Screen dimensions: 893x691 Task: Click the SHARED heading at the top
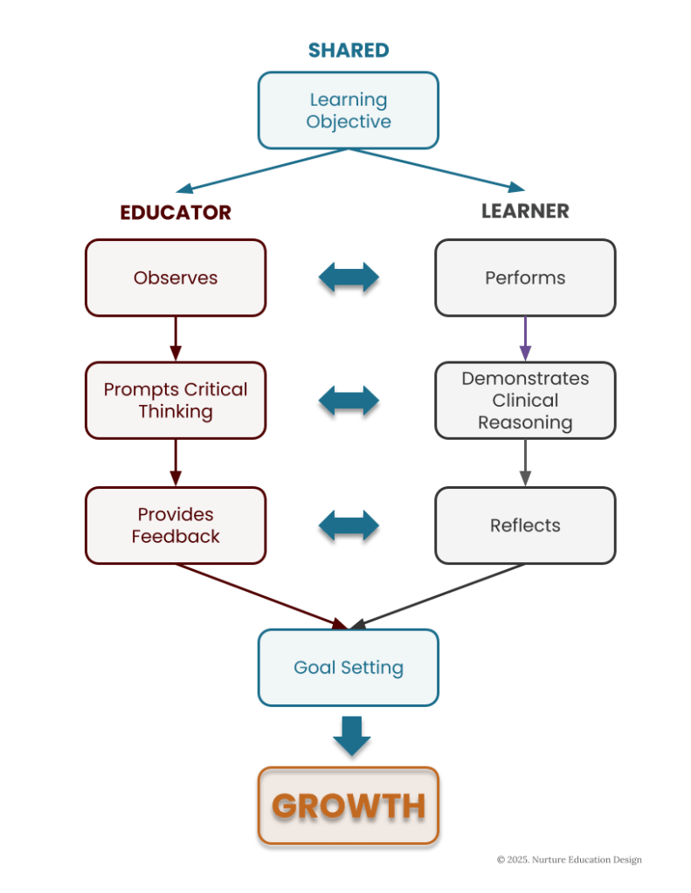(x=348, y=50)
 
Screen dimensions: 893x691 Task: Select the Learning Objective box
(x=348, y=110)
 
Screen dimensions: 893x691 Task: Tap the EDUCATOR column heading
(x=176, y=212)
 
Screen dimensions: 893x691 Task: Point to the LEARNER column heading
(x=525, y=211)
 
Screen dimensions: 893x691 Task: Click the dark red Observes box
(x=176, y=278)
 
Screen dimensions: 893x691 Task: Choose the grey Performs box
(x=525, y=278)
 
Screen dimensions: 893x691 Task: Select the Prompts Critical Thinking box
(x=176, y=400)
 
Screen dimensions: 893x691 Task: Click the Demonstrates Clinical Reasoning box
(x=525, y=400)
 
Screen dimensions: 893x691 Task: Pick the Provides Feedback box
(x=176, y=525)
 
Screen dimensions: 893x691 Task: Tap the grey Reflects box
(x=525, y=525)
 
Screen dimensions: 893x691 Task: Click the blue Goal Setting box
(x=348, y=667)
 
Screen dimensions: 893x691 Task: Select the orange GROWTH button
(x=349, y=806)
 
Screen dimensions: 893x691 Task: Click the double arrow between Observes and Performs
(x=349, y=280)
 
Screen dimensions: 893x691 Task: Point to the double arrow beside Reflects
(x=349, y=528)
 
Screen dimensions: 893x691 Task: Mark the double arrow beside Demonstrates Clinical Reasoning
(x=349, y=402)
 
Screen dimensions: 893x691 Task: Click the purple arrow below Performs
(x=525, y=338)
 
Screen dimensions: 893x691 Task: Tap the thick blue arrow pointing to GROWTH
(x=351, y=737)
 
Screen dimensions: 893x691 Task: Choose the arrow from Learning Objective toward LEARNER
(x=437, y=169)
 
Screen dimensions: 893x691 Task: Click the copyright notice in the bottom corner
(x=569, y=860)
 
